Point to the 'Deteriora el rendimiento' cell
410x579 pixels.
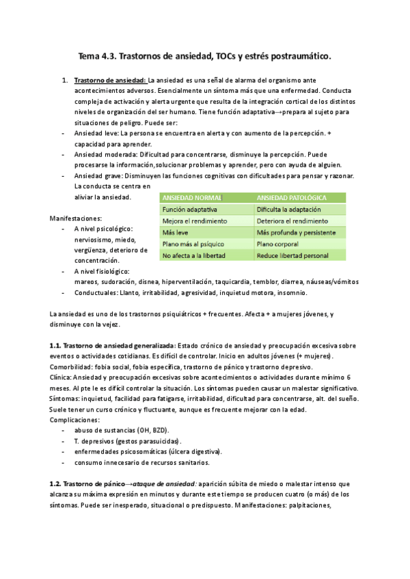pos(292,221)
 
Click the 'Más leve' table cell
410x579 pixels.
pos(175,233)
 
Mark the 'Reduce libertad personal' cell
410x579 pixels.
pos(292,255)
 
